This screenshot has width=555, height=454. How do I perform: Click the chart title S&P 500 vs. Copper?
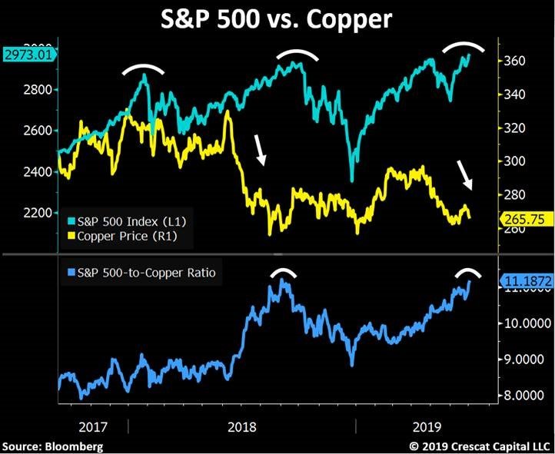tap(277, 19)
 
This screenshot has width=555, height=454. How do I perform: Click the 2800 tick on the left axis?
tap(40, 90)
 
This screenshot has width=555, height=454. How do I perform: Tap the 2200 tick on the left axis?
tap(40, 213)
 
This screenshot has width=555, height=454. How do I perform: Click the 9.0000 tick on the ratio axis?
tap(522, 360)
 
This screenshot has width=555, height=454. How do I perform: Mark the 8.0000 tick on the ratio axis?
tap(522, 396)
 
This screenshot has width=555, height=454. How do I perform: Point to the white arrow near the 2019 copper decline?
tap(466, 174)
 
